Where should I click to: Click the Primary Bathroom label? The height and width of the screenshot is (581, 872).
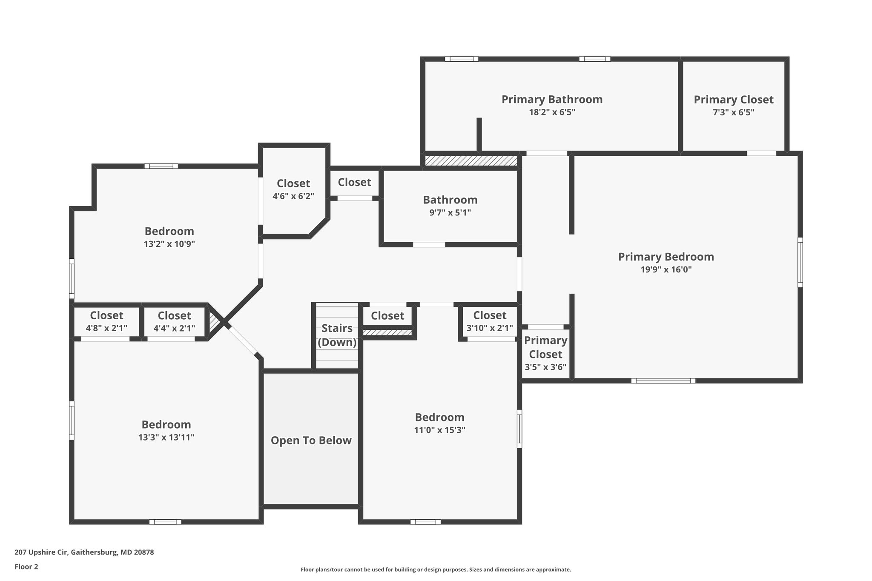coord(552,99)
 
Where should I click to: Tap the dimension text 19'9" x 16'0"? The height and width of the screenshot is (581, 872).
coord(666,269)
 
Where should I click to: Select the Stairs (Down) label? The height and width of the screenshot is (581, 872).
coord(337,335)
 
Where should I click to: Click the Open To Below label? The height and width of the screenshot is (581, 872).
coord(311,440)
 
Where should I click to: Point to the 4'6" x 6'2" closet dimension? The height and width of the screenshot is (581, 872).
coord(293,196)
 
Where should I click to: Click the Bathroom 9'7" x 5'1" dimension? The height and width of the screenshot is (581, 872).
coord(450,212)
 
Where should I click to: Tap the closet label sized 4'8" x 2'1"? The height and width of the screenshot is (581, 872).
coord(106,315)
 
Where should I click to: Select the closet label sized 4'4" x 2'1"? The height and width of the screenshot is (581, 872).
coord(174,315)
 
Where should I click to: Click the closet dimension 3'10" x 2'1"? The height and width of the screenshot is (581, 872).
coord(490,328)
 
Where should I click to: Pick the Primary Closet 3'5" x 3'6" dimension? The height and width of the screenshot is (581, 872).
coord(545,367)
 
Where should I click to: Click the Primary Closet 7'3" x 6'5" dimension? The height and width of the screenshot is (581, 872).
coord(733,112)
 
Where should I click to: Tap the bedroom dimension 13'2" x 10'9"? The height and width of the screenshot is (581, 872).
coord(169,244)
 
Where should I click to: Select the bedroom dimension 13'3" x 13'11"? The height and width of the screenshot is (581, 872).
coord(166,437)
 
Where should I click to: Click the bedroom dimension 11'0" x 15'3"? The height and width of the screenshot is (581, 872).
coord(439,430)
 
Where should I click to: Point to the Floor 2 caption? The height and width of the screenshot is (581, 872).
coord(26,567)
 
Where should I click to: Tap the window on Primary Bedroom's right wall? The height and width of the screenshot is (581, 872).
coord(800,262)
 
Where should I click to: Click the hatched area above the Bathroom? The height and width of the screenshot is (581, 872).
coord(471,160)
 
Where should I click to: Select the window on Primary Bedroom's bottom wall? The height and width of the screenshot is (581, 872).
coord(663,381)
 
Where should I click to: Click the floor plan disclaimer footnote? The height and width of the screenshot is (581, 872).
coord(436,570)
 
